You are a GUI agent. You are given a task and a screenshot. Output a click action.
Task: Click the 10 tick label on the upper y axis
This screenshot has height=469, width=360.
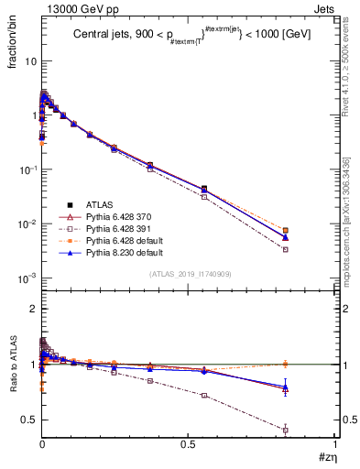click(26, 61)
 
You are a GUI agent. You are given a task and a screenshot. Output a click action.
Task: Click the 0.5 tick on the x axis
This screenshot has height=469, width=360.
click(189, 443)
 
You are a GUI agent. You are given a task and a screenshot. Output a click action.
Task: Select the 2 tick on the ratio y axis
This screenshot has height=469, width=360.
click(30, 309)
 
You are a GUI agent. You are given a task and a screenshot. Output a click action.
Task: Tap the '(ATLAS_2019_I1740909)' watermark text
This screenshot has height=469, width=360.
click(189, 275)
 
